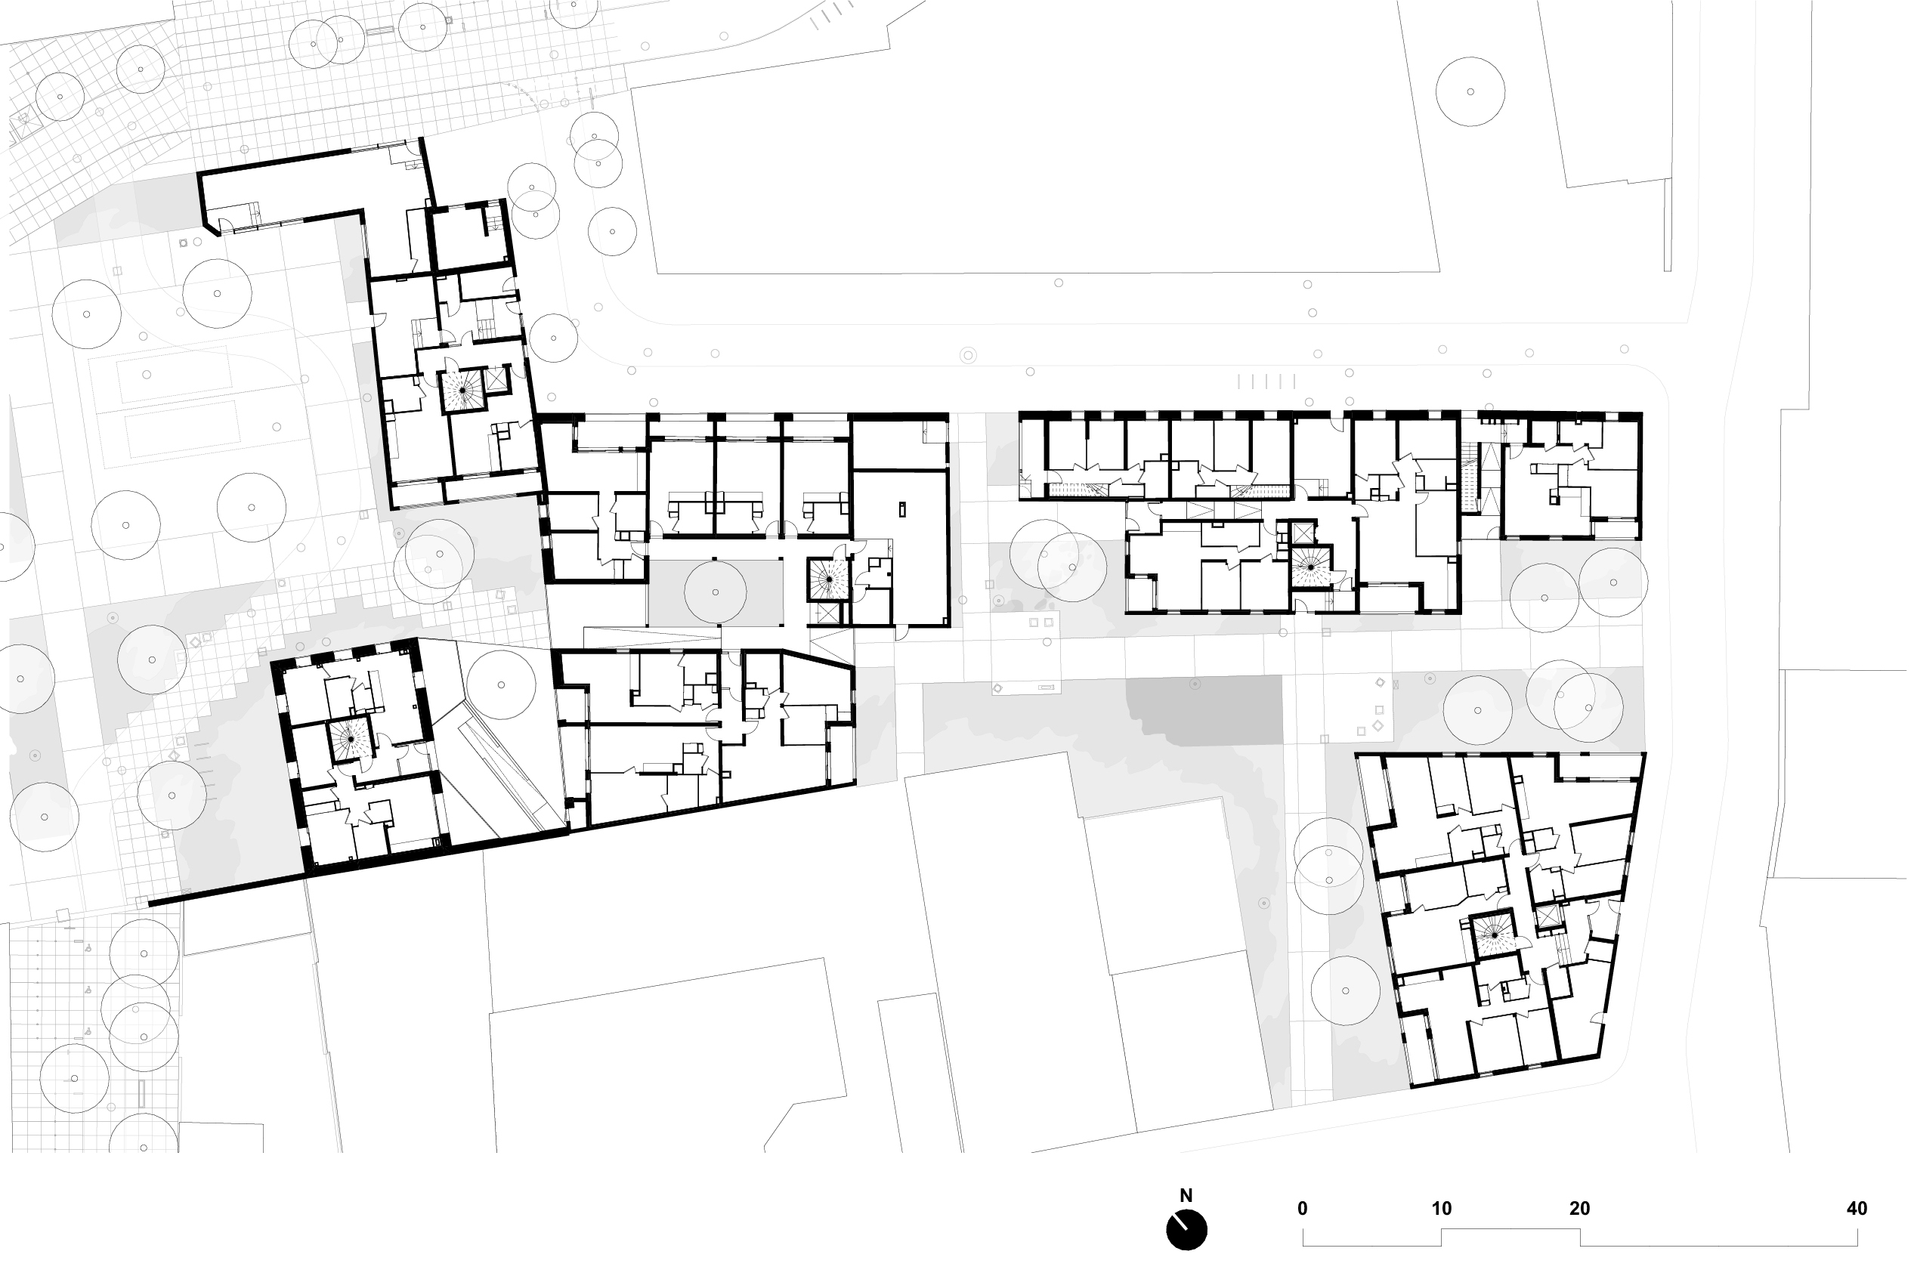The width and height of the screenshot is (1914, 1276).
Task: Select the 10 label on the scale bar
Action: pyautogui.click(x=1441, y=1209)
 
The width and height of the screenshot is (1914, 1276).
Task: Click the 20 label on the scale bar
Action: pyautogui.click(x=1579, y=1209)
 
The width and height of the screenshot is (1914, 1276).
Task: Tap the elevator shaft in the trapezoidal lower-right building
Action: pyautogui.click(x=1544, y=916)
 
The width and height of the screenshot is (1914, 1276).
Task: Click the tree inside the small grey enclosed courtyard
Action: pyautogui.click(x=716, y=592)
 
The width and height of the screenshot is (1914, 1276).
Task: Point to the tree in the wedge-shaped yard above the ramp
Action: pyautogui.click(x=501, y=684)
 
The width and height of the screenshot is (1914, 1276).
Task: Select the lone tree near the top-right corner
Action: pyautogui.click(x=1470, y=91)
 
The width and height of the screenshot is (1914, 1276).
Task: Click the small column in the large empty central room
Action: pyautogui.click(x=901, y=510)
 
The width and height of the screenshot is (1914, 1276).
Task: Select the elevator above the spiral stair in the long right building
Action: pyautogui.click(x=1302, y=534)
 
